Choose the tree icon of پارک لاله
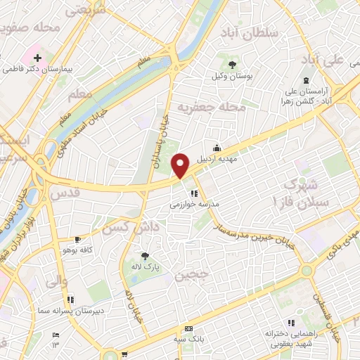[x=145, y=256]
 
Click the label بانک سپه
[x=189, y=339]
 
